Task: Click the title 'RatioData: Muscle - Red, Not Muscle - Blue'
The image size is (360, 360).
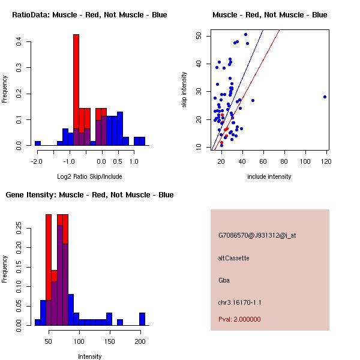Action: (89, 15)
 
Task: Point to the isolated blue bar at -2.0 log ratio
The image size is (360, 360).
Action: (37, 143)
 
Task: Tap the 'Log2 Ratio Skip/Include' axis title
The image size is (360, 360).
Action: (89, 176)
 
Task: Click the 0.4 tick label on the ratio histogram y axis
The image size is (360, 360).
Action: (19, 41)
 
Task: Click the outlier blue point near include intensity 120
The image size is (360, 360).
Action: (325, 97)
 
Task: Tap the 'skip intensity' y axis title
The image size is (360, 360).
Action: (184, 90)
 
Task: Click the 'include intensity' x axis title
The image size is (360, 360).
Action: (269, 176)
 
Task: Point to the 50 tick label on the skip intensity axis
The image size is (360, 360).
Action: (198, 36)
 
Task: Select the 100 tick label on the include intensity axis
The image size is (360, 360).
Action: (305, 161)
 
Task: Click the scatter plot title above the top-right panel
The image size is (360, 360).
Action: (269, 15)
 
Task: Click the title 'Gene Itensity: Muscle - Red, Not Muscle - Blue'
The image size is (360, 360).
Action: (89, 195)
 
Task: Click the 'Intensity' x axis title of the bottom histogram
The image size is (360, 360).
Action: (90, 356)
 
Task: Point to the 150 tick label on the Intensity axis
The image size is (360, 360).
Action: (109, 341)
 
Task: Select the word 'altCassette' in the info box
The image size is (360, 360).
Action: (233, 258)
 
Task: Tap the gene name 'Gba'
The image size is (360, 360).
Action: (224, 280)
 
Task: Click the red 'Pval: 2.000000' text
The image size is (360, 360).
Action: (239, 319)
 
